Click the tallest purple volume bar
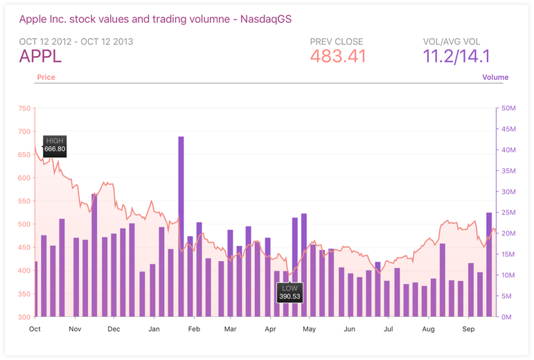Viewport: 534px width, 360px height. pyautogui.click(x=181, y=226)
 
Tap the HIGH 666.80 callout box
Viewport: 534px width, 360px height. pyautogui.click(x=55, y=146)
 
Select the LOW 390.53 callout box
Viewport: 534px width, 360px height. pyautogui.click(x=290, y=293)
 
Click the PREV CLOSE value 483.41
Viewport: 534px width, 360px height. pyautogui.click(x=338, y=56)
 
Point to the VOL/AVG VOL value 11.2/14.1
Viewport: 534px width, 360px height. pyautogui.click(x=456, y=56)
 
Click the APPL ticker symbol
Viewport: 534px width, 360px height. pyautogui.click(x=40, y=56)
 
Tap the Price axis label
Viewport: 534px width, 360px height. pyautogui.click(x=46, y=78)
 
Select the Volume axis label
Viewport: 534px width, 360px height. pyautogui.click(x=495, y=78)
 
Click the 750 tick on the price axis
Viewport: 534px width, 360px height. pyautogui.click(x=24, y=108)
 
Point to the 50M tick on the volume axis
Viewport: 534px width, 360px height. pyautogui.click(x=508, y=108)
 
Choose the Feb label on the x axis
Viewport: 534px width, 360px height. pyautogui.click(x=194, y=329)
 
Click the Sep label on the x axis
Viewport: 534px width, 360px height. pyautogui.click(x=468, y=329)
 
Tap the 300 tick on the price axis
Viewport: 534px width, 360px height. pyautogui.click(x=24, y=317)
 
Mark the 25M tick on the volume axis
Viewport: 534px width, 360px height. pyautogui.click(x=508, y=213)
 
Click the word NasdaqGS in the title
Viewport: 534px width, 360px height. pyautogui.click(x=266, y=19)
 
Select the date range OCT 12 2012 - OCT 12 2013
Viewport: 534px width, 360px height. pyautogui.click(x=76, y=42)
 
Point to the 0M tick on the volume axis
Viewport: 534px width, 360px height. pyautogui.click(x=506, y=317)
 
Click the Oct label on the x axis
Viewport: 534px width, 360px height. pyautogui.click(x=35, y=329)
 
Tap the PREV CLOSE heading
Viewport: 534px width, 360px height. pyautogui.click(x=337, y=42)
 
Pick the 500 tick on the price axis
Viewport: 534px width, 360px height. pyautogui.click(x=24, y=224)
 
